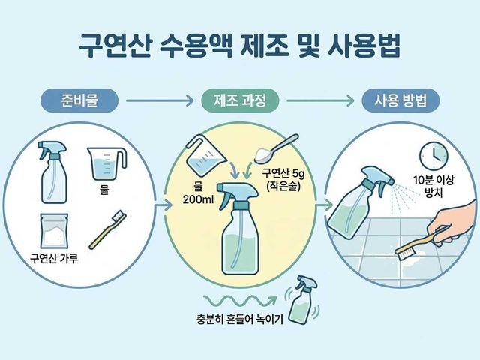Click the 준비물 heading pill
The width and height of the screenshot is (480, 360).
79,100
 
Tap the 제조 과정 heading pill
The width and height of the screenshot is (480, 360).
240,100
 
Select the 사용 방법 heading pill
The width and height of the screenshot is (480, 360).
400,100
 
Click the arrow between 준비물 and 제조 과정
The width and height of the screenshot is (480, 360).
160,100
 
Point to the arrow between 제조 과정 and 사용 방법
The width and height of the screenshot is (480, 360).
320,100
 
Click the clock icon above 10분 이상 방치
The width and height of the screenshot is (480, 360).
433,156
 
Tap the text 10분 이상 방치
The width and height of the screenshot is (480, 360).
433,186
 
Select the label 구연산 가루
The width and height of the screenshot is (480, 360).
54,258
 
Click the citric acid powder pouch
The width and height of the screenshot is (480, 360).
54,231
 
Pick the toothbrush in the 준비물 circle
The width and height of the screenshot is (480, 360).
108,229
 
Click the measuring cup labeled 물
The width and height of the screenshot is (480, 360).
106,163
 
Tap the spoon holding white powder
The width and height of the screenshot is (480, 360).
275,149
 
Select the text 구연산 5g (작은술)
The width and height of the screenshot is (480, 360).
283,180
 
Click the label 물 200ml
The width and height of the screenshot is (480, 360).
198,193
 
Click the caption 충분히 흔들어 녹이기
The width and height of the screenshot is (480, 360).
240,319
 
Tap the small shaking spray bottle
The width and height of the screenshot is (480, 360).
303,299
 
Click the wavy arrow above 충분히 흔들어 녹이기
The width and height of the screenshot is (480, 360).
240,300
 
